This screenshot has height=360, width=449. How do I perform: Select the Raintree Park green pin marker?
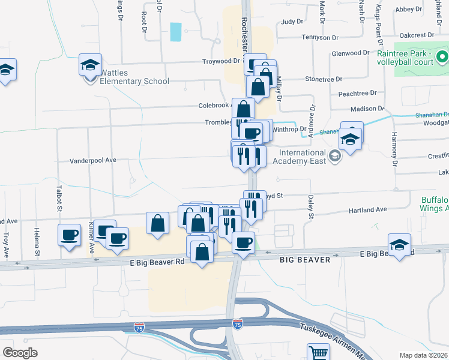(x=442, y=58)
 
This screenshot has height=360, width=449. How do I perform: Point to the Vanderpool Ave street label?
(x=92, y=161)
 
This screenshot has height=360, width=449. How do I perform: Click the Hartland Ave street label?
(x=368, y=210)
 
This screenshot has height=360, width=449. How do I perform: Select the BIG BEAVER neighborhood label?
(x=305, y=260)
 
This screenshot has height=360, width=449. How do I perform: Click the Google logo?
(x=20, y=353)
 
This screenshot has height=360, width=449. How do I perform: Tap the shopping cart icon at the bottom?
(x=318, y=352)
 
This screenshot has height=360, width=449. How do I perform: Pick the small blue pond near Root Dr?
(x=175, y=32)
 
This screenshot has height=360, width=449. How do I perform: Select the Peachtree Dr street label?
(x=357, y=93)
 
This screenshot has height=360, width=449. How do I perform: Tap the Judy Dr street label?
(x=292, y=21)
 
